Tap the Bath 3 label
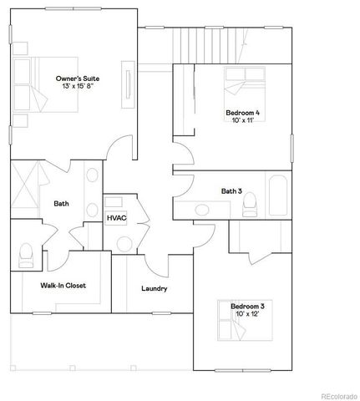pyautogui.click(x=231, y=191)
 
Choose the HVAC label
pyautogui.click(x=116, y=217)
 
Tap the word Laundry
pyautogui.click(x=154, y=289)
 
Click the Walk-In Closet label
pyautogui.click(x=63, y=285)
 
